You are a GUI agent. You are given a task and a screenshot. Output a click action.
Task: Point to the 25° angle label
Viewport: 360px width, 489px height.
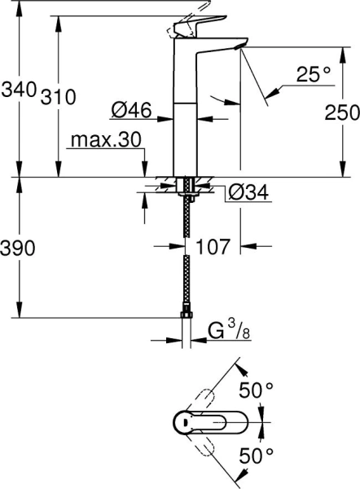[x=314, y=75]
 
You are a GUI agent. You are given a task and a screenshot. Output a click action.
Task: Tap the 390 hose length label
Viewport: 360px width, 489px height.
[x=19, y=249]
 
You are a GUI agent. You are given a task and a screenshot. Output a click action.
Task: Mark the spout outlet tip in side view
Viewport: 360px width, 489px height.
[x=239, y=48]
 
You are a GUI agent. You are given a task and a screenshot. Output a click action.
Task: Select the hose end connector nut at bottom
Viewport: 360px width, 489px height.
[x=187, y=317]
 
